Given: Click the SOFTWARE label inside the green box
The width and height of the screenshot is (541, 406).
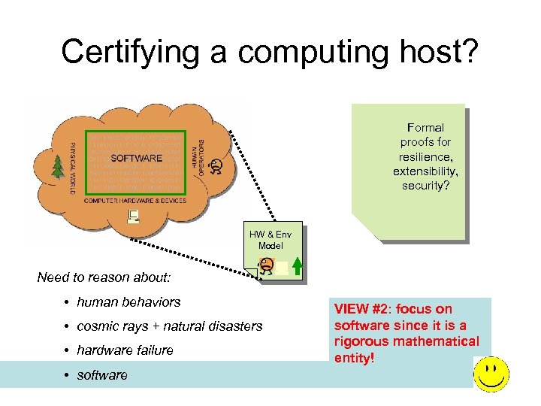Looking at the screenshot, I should click(x=137, y=158).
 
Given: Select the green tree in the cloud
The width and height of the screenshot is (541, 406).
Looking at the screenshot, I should click(x=56, y=167).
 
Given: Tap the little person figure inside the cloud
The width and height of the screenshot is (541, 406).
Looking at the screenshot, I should click(x=216, y=166).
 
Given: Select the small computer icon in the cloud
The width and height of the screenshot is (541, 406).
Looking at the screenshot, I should click(x=134, y=217).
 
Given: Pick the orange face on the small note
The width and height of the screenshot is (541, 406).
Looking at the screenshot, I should click(x=266, y=265).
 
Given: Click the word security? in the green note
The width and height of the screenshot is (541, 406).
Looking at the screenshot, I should click(x=425, y=185).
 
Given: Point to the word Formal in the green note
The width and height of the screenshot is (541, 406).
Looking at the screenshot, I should click(x=425, y=128).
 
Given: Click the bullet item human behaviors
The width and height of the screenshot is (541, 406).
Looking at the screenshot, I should click(x=128, y=302).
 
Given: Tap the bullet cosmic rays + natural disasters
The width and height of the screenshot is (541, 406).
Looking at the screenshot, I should click(x=169, y=326).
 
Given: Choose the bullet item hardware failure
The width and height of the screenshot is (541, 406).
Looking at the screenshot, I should click(x=125, y=350).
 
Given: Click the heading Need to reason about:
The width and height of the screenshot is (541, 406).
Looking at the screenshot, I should click(x=104, y=277).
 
